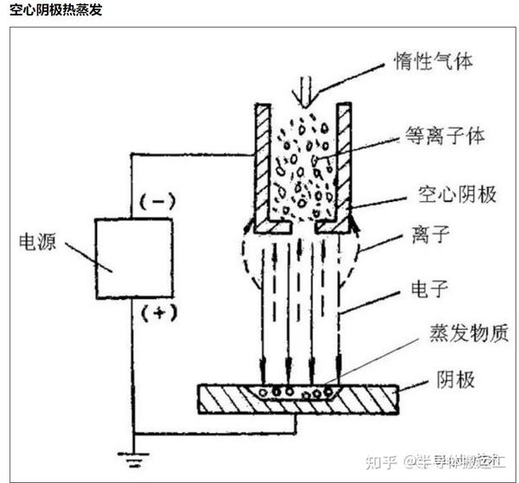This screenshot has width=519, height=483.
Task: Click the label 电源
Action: pos(37,242)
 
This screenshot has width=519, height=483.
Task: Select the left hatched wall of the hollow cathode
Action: pos(263,164)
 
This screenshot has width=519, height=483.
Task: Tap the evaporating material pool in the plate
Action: pos(298,391)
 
